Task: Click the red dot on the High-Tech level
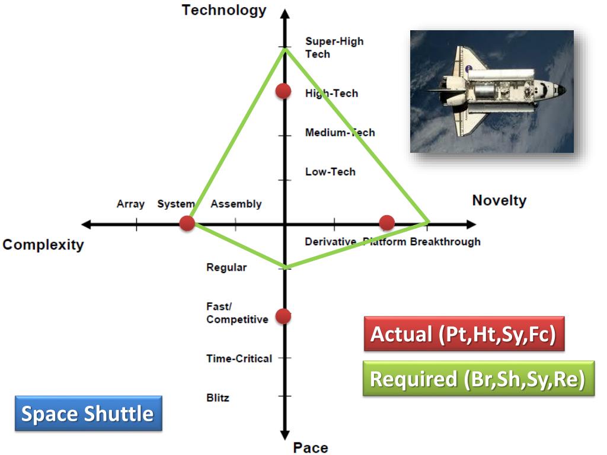tap(283, 91)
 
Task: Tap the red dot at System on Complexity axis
tap(187, 223)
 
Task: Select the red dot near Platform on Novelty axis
tap(386, 223)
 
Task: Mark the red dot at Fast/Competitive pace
tap(283, 316)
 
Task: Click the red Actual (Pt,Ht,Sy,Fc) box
tap(463, 335)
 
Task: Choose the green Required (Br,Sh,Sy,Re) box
tap(478, 379)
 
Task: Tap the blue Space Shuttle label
tap(88, 414)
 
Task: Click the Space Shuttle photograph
tap(492, 91)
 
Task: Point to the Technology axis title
tap(224, 10)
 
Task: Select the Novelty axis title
tap(499, 200)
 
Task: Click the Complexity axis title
tap(43, 245)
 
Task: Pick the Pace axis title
tap(310, 447)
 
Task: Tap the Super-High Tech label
tap(334, 47)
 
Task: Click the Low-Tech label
tap(330, 172)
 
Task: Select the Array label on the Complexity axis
tap(130, 204)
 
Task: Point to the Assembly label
tap(236, 204)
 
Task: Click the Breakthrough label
tap(445, 242)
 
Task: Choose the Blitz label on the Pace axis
tap(218, 398)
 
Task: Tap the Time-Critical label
tap(239, 358)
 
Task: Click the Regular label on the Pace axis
tap(226, 267)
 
